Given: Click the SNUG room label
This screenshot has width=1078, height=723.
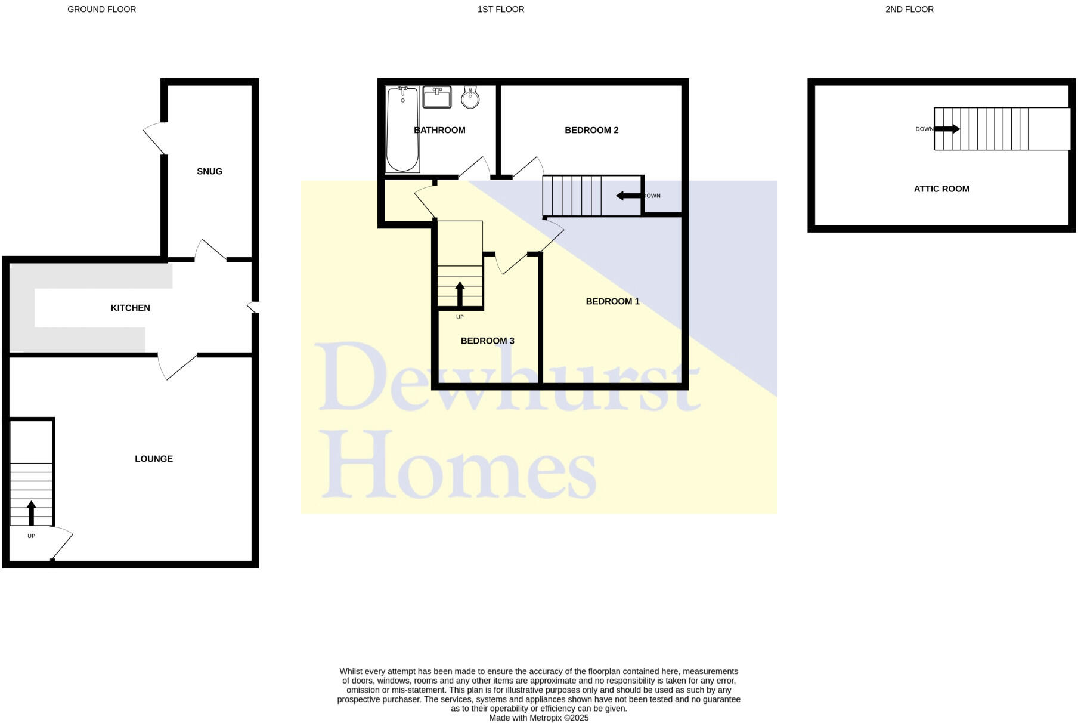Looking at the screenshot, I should (x=209, y=171).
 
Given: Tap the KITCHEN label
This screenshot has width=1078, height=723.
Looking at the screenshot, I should (x=130, y=308).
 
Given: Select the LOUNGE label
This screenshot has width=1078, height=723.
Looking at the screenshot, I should (x=154, y=459).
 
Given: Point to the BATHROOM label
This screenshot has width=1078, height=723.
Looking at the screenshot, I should (x=439, y=130).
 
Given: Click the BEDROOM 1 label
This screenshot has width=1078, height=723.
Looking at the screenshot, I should (x=612, y=301).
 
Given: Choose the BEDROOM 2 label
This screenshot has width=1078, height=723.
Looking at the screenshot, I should (x=591, y=130).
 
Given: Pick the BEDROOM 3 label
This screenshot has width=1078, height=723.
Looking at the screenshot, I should (x=487, y=341).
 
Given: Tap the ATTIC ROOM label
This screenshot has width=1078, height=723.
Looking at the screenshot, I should (x=941, y=189).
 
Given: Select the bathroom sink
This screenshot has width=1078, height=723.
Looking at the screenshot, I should (x=437, y=97).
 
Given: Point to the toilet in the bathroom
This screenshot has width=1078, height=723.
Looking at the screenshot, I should (x=470, y=97).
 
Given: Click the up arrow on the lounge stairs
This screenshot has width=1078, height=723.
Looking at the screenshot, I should (x=32, y=512).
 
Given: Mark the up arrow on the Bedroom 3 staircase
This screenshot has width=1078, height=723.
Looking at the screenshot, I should (x=460, y=293).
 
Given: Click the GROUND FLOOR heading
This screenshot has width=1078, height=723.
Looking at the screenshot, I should (x=101, y=9).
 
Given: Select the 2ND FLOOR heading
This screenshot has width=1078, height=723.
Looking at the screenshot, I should (x=909, y=9).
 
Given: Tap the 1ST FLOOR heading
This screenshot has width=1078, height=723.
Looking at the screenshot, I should (x=501, y=9).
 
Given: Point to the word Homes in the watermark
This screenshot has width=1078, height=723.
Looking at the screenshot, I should (x=459, y=465).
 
